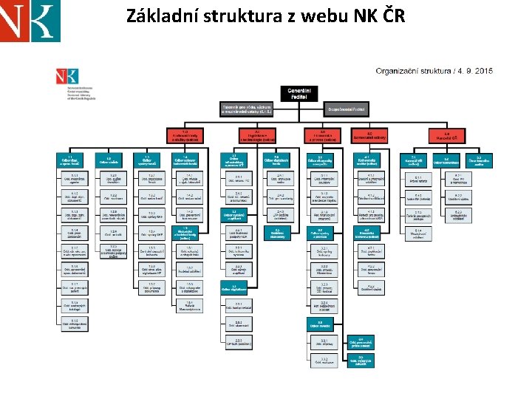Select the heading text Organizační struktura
(413, 71)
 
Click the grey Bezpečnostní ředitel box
(348, 109)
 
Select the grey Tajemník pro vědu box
(248, 109)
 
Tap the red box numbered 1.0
(185, 135)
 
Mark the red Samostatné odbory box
(369, 135)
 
